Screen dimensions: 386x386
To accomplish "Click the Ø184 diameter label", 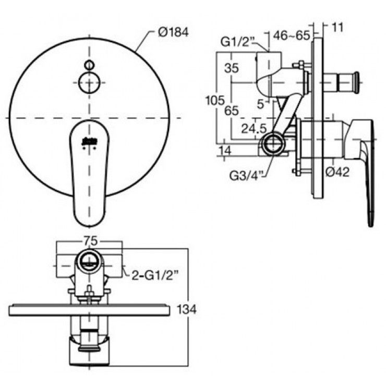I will coord(172,32).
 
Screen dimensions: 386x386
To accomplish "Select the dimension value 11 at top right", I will coord(337,27).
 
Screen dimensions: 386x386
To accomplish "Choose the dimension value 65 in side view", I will coord(232,111).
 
